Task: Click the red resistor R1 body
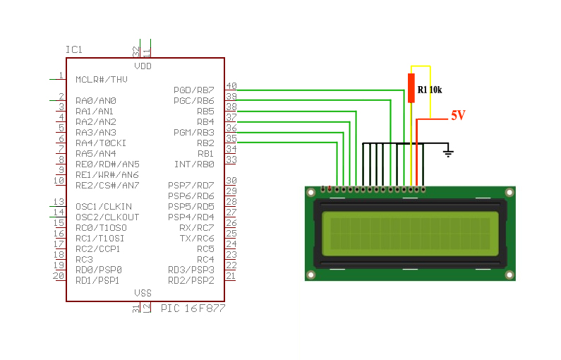[411, 88]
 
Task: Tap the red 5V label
[458, 115]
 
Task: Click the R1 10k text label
[429, 90]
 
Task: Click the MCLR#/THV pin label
[102, 79]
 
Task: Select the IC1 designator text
[74, 49]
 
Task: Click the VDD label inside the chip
[143, 66]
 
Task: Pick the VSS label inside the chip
[143, 293]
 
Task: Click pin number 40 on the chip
[231, 86]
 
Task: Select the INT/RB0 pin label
[194, 164]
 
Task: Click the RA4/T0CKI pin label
[101, 143]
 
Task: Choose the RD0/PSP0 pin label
[99, 270]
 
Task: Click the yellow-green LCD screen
[409, 235]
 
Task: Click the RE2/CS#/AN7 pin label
[107, 185]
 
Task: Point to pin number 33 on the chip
[231, 160]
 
